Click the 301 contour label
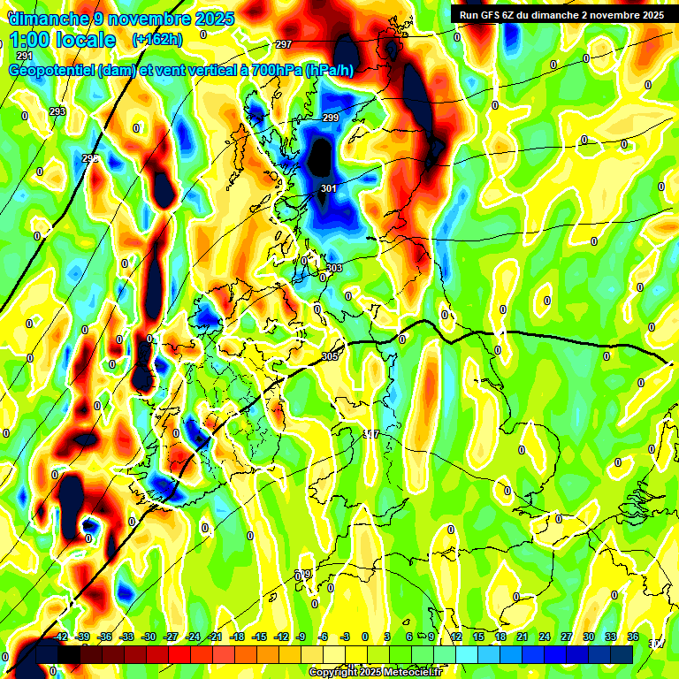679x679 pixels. [328, 188]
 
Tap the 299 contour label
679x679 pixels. [331, 118]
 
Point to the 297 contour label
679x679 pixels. [284, 44]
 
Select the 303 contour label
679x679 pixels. [334, 268]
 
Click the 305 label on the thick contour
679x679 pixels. [330, 356]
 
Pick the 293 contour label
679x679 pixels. [57, 111]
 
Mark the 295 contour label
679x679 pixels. [90, 158]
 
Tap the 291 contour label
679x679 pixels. [24, 56]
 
